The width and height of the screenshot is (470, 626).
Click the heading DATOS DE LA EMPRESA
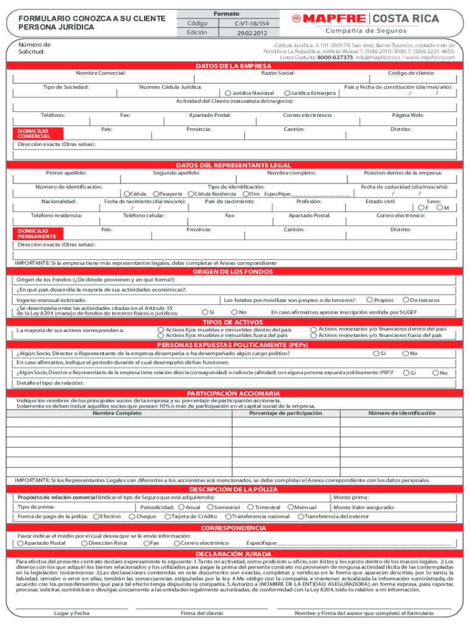pos(234,66)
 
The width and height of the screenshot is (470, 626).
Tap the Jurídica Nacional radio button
pos(228,93)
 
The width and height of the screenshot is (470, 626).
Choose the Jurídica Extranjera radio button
pos(287,93)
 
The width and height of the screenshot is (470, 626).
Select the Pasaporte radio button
pos(156,194)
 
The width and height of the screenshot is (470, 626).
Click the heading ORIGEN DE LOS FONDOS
pos(234,271)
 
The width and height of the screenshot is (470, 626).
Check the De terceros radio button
pos(405,300)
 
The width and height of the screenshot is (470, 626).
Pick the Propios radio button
pos(369,300)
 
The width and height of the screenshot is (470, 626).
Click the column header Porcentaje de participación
pos(286,413)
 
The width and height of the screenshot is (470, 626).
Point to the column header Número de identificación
pos(402,413)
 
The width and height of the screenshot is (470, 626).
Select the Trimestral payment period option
pos(250,507)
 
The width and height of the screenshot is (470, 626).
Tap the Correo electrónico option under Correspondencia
pos(176,543)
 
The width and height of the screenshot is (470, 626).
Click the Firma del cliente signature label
pos(202,613)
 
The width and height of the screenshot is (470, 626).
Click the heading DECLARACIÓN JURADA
pos(234,554)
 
